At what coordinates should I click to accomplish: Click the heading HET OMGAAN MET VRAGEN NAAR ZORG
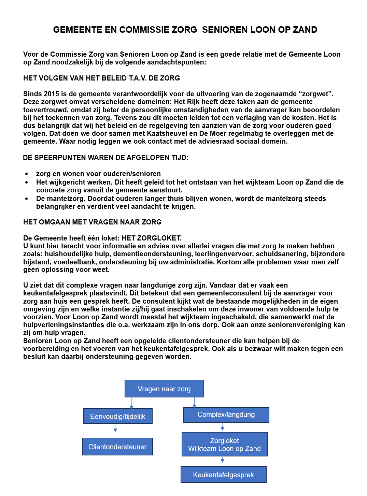click(92, 222)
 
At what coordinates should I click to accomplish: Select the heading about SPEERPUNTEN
click(105, 158)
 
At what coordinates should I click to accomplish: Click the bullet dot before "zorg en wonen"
click(27, 174)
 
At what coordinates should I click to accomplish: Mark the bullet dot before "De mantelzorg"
click(27, 199)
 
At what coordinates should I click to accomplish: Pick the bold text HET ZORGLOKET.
click(152, 238)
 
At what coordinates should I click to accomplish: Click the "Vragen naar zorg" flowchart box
click(164, 389)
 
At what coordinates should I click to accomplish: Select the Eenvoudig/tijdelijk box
click(118, 416)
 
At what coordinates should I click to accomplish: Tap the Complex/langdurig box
click(226, 415)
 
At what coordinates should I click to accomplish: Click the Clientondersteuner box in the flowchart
click(117, 447)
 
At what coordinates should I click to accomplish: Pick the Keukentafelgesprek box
click(223, 475)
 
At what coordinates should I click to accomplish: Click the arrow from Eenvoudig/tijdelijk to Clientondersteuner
click(115, 428)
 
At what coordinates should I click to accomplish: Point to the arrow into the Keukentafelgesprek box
click(223, 460)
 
